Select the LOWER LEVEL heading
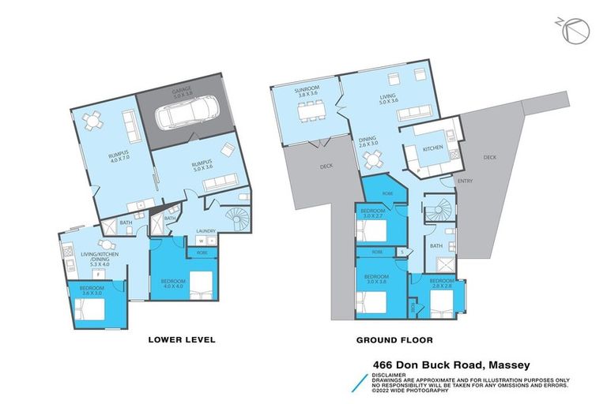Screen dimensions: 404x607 click(x=182, y=340)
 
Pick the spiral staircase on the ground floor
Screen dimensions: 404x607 click(x=435, y=214)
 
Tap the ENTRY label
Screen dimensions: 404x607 click(x=464, y=182)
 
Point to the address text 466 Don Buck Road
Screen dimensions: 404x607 click(x=451, y=364)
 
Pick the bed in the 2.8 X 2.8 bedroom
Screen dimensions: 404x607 click(x=439, y=304)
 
